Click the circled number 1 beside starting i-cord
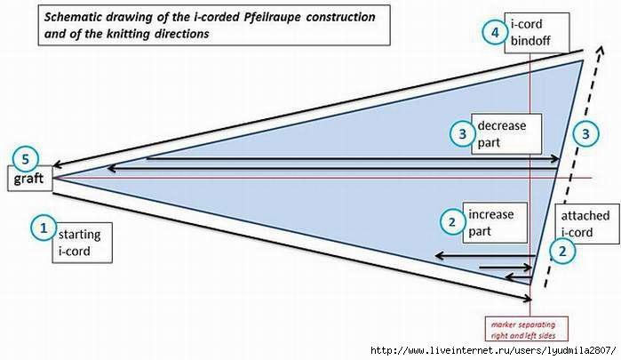click(x=41, y=228)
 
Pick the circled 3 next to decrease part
click(x=462, y=134)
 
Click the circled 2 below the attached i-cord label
click(x=561, y=252)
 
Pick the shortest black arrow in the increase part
click(x=506, y=266)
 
